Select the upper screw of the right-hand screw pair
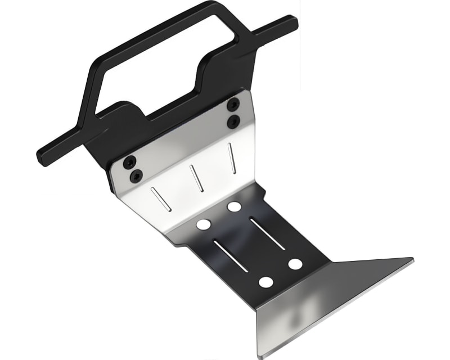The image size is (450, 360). coord(232,104)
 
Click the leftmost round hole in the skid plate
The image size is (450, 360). coord(204,224)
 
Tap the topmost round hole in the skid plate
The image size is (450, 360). coord(234,206)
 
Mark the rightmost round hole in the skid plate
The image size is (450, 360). coord(295,263)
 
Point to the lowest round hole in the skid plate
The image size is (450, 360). coord(266,282)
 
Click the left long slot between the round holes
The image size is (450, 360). coord(231,256)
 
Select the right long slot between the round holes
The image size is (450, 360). coord(267,233)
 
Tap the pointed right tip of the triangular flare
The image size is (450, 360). coord(412,260)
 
